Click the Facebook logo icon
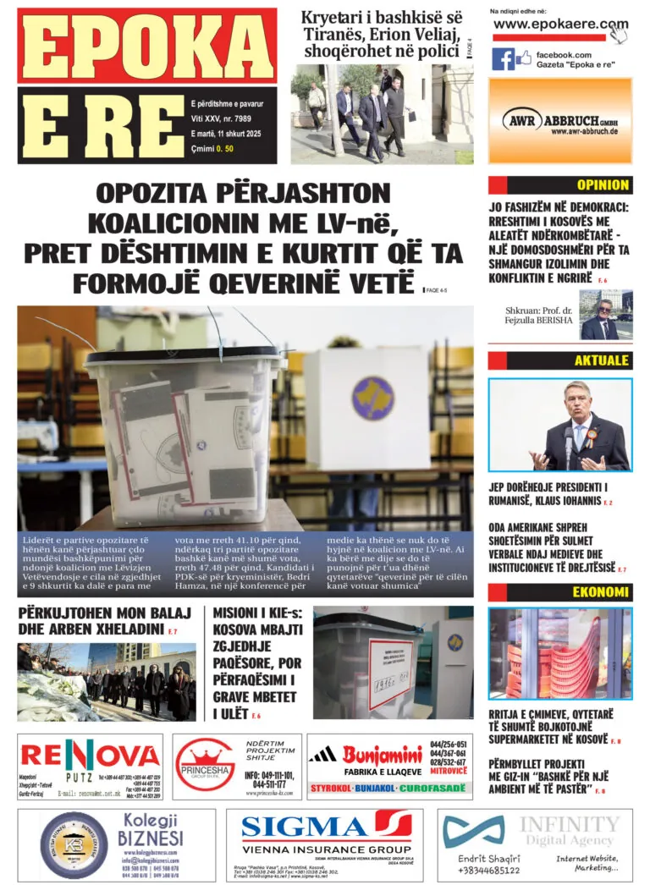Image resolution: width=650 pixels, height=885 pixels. tap(503, 59)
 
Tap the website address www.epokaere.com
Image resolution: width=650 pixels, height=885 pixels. tap(560, 25)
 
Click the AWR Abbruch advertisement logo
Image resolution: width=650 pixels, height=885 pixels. tap(559, 122)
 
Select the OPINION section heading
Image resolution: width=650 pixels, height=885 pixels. tap(603, 184)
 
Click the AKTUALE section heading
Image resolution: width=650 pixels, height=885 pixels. tap(601, 360)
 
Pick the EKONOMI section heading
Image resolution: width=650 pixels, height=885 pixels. tap(601, 592)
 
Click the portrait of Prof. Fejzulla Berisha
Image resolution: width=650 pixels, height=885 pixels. tap(605, 315)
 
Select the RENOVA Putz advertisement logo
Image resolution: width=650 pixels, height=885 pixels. tap(90, 756)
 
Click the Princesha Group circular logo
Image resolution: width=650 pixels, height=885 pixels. tap(204, 769)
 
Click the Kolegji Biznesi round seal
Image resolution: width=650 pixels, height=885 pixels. tap(74, 845)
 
